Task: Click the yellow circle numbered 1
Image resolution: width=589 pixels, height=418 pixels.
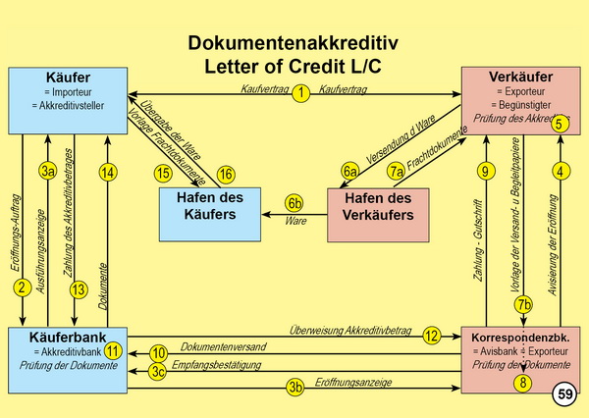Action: (301, 91)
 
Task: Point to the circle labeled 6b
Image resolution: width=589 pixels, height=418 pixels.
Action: (294, 202)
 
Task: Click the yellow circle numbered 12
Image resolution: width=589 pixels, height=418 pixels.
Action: (431, 335)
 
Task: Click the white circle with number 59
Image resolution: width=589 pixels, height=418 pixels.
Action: (565, 395)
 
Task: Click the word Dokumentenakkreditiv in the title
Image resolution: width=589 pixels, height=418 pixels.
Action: (294, 44)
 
